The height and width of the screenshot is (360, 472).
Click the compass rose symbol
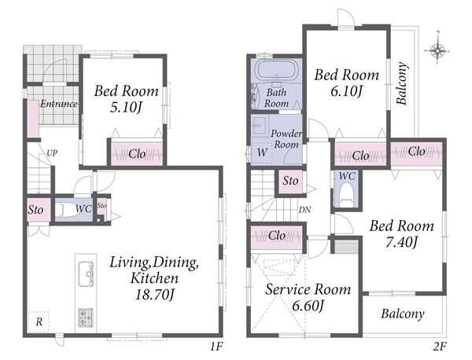coord(437,50)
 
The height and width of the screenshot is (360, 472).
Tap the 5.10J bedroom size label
coord(126,108)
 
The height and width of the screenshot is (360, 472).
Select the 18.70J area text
coord(155,295)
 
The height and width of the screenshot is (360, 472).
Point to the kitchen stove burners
coord(86,318)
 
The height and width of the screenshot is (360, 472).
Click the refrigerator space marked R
coord(39,322)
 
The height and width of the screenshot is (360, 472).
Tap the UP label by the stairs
coord(51,153)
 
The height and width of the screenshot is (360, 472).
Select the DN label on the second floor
coord(304,210)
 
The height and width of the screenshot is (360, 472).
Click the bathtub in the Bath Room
coord(275,70)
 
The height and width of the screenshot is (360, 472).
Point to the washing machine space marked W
coord(262,152)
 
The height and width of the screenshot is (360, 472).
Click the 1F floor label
coord(216,347)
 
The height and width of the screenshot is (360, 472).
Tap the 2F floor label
coord(440,347)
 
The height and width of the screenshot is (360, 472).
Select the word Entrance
coord(59,104)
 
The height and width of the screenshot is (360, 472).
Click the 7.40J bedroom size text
coord(401,242)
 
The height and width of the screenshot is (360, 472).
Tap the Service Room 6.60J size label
coord(308,307)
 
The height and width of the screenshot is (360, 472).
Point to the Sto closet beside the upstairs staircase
coord(290,181)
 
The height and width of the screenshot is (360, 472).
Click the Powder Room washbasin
coord(259,126)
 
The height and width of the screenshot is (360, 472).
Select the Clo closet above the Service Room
coord(277,236)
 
